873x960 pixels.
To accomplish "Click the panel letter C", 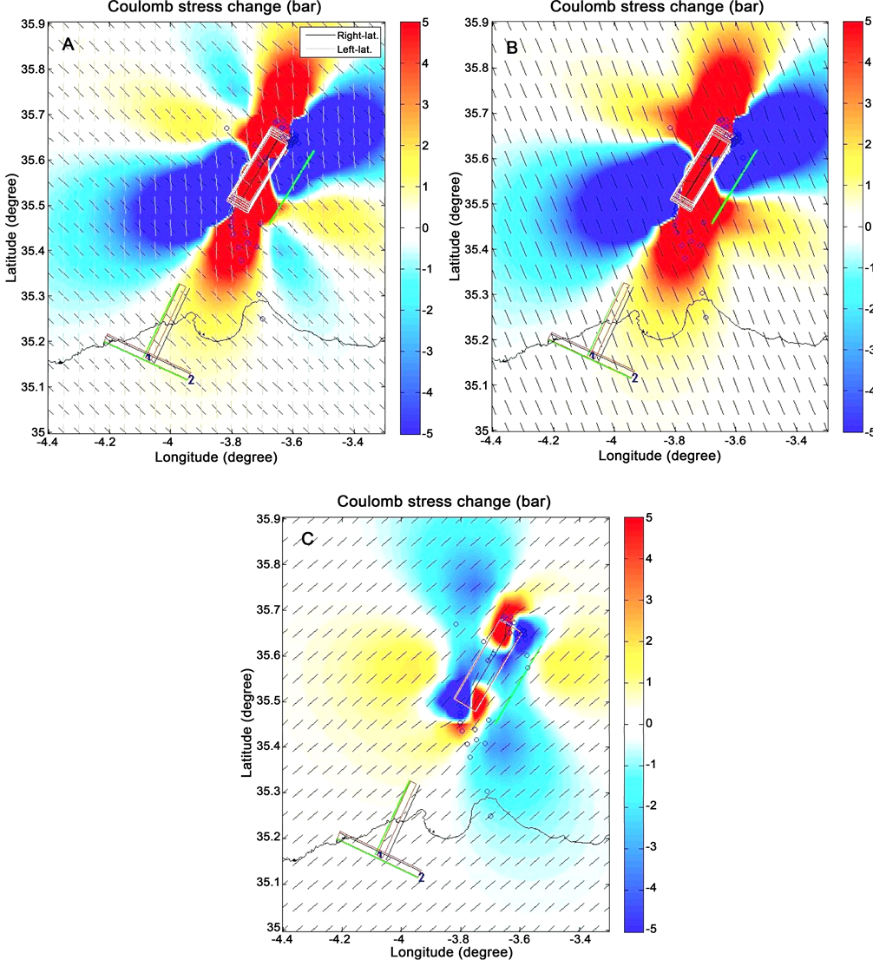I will [x=308, y=539].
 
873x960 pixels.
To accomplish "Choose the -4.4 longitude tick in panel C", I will [x=281, y=940].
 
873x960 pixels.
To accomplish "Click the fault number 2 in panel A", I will [x=190, y=380].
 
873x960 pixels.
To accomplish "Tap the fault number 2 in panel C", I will [x=422, y=878].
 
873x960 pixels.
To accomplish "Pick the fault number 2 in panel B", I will [x=634, y=378].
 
